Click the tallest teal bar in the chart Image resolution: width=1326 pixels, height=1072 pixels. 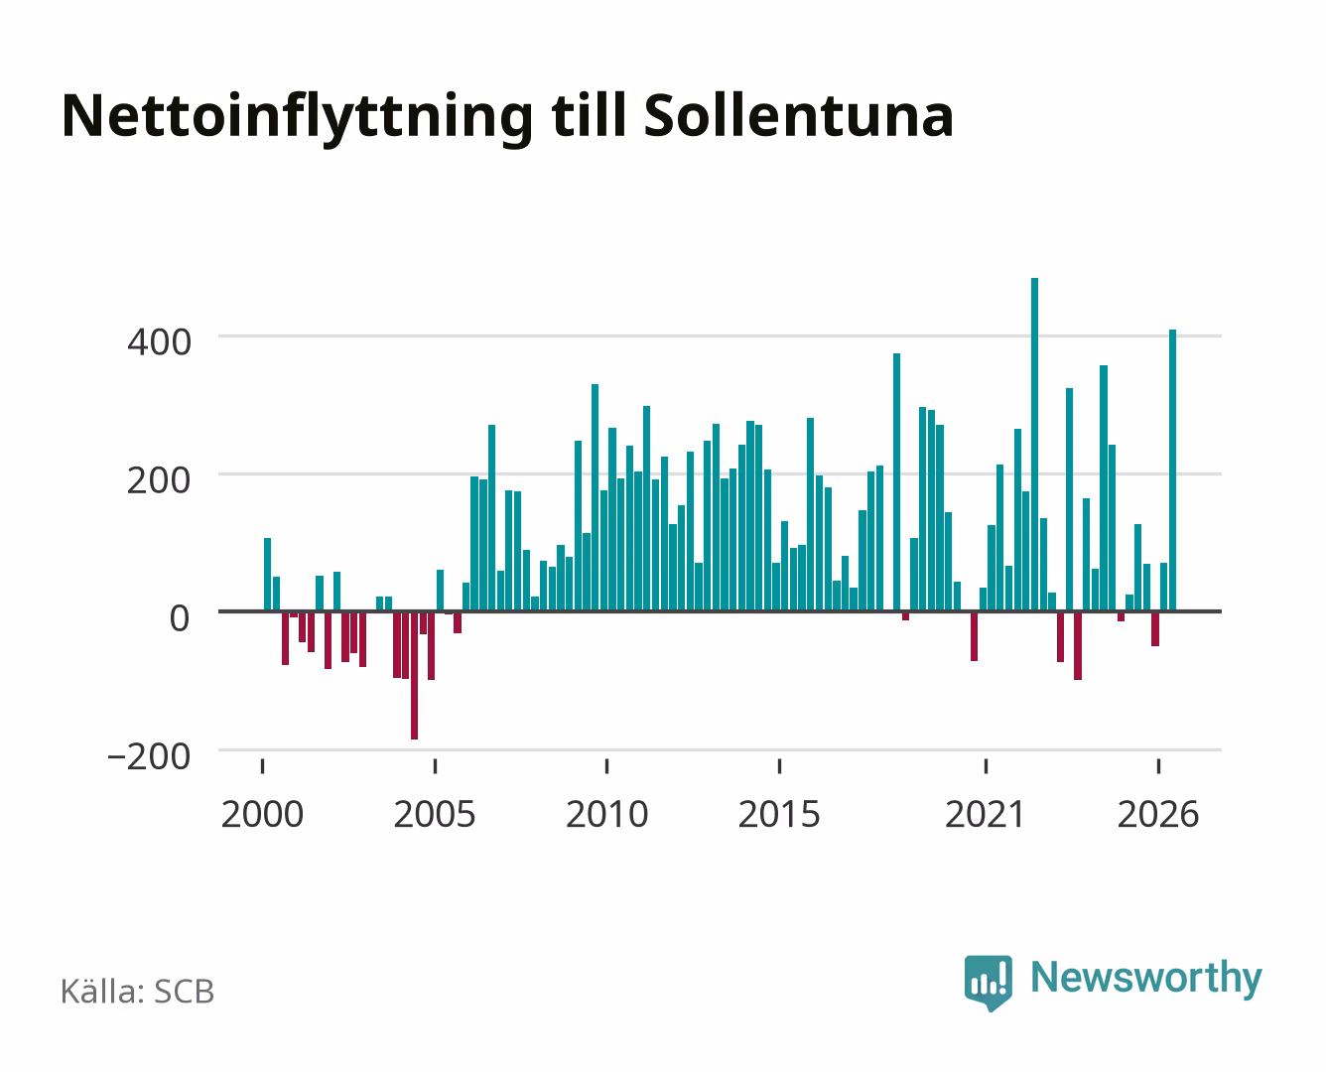[1034, 444]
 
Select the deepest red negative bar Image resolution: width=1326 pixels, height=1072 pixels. [414, 676]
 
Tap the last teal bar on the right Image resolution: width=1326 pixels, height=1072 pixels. [1172, 470]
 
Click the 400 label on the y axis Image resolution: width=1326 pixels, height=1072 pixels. [159, 342]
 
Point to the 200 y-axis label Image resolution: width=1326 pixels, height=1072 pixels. [159, 480]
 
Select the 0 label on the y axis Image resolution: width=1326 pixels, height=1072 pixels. [180, 618]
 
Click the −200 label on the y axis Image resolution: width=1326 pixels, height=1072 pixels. [149, 757]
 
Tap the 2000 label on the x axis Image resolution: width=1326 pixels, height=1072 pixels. [262, 814]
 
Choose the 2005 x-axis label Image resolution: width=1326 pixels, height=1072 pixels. [435, 814]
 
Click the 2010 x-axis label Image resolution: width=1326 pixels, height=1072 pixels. [607, 814]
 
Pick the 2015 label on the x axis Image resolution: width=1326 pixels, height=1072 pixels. [779, 814]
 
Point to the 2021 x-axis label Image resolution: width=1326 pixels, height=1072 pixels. [986, 814]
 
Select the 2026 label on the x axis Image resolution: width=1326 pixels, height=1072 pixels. [1158, 814]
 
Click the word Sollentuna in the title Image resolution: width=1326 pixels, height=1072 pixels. [799, 116]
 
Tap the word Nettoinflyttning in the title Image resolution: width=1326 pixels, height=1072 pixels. [298, 119]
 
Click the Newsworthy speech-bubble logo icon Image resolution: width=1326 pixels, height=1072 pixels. [989, 983]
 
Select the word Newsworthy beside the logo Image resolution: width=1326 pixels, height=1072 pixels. [1146, 979]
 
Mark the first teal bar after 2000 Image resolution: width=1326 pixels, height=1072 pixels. [268, 574]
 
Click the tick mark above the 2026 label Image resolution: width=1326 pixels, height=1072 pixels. [1158, 765]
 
